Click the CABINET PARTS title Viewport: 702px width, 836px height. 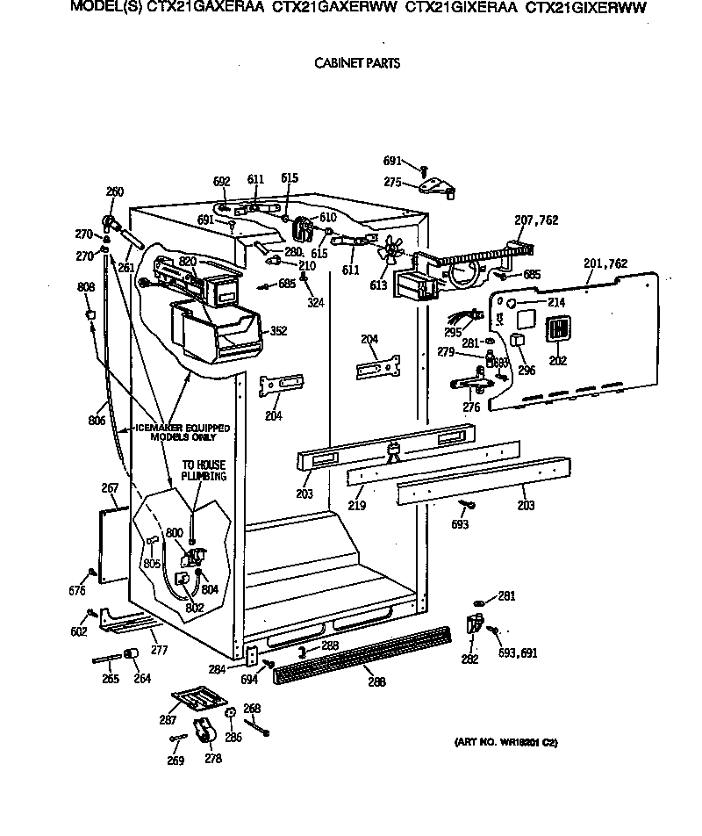click(356, 63)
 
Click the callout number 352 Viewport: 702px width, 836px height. click(279, 331)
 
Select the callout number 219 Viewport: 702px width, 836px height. click(358, 506)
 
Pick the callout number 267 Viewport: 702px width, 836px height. click(109, 488)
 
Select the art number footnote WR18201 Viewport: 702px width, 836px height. click(506, 743)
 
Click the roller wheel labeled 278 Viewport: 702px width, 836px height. click(204, 729)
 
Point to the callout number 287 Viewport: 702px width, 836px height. click(168, 719)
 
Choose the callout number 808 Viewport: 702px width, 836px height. click(86, 287)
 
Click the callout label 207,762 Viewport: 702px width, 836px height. click(536, 220)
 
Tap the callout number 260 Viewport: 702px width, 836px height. click(115, 192)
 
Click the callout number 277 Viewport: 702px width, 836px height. click(158, 651)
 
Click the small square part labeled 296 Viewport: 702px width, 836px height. click(518, 340)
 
